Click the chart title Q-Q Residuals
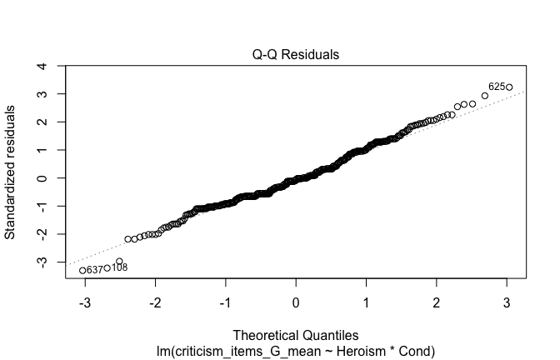pyautogui.click(x=296, y=54)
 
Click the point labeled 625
pyautogui.click(x=508, y=87)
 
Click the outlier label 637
pyautogui.click(x=94, y=269)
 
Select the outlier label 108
pyautogui.click(x=119, y=267)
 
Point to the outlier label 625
pyautogui.click(x=496, y=86)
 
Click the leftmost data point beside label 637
pyautogui.click(x=82, y=270)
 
